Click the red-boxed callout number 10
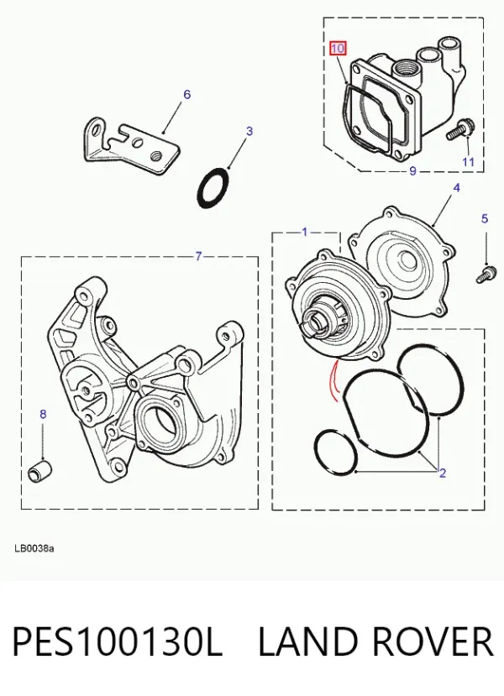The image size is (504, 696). (x=338, y=48)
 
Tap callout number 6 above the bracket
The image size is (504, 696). (x=187, y=95)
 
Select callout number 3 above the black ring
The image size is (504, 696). (x=249, y=131)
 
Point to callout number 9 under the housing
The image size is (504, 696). (x=412, y=170)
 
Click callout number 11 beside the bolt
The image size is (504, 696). (x=469, y=161)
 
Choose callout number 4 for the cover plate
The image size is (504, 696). (x=456, y=188)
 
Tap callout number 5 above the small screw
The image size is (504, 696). (x=485, y=218)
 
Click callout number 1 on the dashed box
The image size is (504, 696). (x=305, y=232)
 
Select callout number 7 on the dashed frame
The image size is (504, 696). (x=198, y=256)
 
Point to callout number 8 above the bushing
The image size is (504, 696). (x=43, y=414)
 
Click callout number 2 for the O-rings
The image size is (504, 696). (x=443, y=474)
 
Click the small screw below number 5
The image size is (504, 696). (x=486, y=275)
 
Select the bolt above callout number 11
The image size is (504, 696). (x=459, y=129)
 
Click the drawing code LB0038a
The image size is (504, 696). (x=34, y=548)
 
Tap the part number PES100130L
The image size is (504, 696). (x=118, y=641)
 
